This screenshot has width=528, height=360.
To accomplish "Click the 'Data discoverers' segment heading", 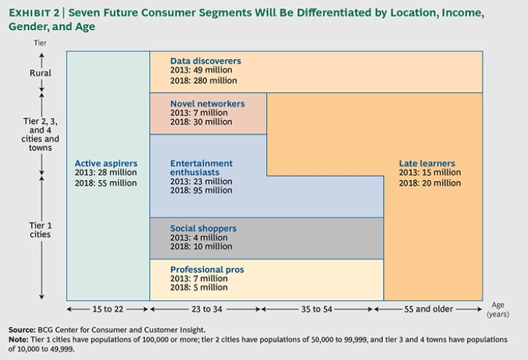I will click(x=206, y=61).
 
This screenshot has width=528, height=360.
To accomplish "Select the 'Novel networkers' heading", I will click(x=208, y=104).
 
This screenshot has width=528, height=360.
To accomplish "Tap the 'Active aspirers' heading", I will click(x=106, y=164).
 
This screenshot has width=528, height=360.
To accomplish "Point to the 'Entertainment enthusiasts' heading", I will click(x=201, y=168).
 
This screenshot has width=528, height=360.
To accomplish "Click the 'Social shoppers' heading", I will click(x=203, y=228).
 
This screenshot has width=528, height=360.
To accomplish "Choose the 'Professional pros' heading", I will click(x=207, y=269).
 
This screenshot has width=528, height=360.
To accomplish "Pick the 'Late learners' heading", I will click(x=427, y=164).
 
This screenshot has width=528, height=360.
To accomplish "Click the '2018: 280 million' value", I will click(x=203, y=80).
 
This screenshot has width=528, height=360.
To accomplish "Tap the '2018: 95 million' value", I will click(x=201, y=190).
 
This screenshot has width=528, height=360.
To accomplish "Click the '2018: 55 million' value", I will click(x=106, y=183).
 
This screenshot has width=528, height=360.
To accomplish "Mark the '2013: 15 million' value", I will click(x=430, y=173).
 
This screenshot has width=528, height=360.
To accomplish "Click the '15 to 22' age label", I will click(x=108, y=309).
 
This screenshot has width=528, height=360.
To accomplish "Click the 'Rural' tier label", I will click(x=40, y=73).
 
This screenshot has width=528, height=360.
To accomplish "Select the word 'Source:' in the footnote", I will click(x=22, y=330).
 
